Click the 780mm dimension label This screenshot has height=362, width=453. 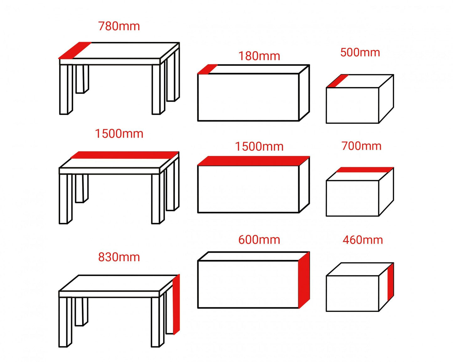pos(119,26)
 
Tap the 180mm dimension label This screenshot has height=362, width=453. pos(259,56)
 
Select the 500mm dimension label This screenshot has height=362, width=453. pos(360,52)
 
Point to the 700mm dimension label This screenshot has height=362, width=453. pos(361,146)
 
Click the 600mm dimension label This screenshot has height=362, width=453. pos(259,240)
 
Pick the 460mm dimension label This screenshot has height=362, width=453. pos(363,240)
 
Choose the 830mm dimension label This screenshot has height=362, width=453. pos(119,257)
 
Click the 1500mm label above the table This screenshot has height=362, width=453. pos(119,134)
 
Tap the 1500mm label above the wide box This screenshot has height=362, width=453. pos(259,147)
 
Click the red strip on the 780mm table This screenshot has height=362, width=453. pos(75,50)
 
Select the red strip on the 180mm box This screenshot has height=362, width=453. pos(207,69)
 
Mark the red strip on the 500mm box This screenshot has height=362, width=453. pos(337,81)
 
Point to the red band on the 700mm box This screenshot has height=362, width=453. pos(364,170)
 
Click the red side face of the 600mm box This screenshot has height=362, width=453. pos(304,280)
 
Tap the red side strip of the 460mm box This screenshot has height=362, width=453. pos(391,282)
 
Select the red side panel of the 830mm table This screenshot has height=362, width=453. pos(176,304)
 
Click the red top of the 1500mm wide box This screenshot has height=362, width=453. pos(253,161)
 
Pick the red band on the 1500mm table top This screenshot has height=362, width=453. pos(125,155)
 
